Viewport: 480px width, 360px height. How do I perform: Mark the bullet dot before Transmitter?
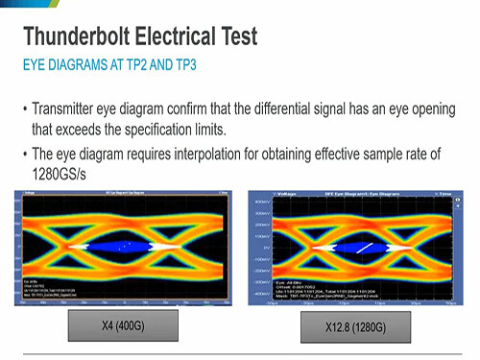tap(24, 108)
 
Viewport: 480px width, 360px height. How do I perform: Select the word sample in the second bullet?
tap(381, 155)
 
